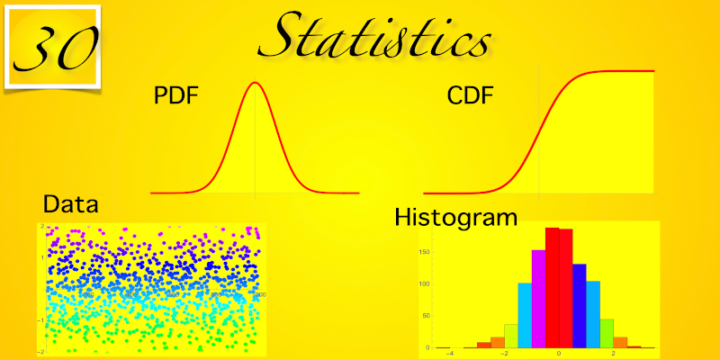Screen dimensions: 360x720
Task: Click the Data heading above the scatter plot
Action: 70,203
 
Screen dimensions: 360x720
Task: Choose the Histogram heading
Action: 456,217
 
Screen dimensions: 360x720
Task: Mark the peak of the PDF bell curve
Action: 256,84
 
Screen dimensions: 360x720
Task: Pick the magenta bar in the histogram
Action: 538,298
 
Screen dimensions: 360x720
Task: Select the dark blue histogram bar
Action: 580,305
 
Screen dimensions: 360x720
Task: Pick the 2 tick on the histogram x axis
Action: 614,353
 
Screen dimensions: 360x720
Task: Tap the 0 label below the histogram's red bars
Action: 559,353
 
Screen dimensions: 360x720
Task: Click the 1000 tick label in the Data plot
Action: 257,294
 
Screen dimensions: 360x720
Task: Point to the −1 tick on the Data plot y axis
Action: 41,320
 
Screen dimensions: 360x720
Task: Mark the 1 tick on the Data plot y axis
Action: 42,256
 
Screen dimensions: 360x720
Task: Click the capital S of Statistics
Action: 292,36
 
